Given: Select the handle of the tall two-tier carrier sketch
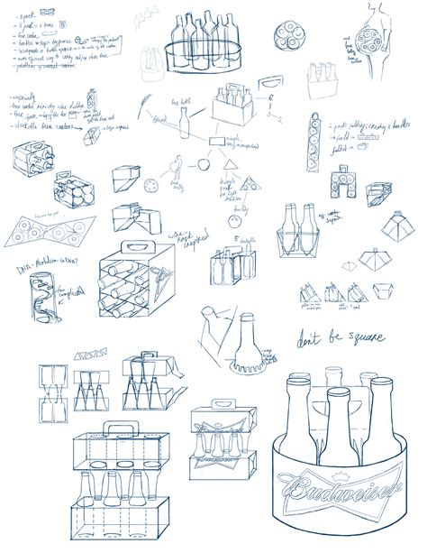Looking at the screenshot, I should click(116, 429).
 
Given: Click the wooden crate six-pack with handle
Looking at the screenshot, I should click(237, 114).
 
